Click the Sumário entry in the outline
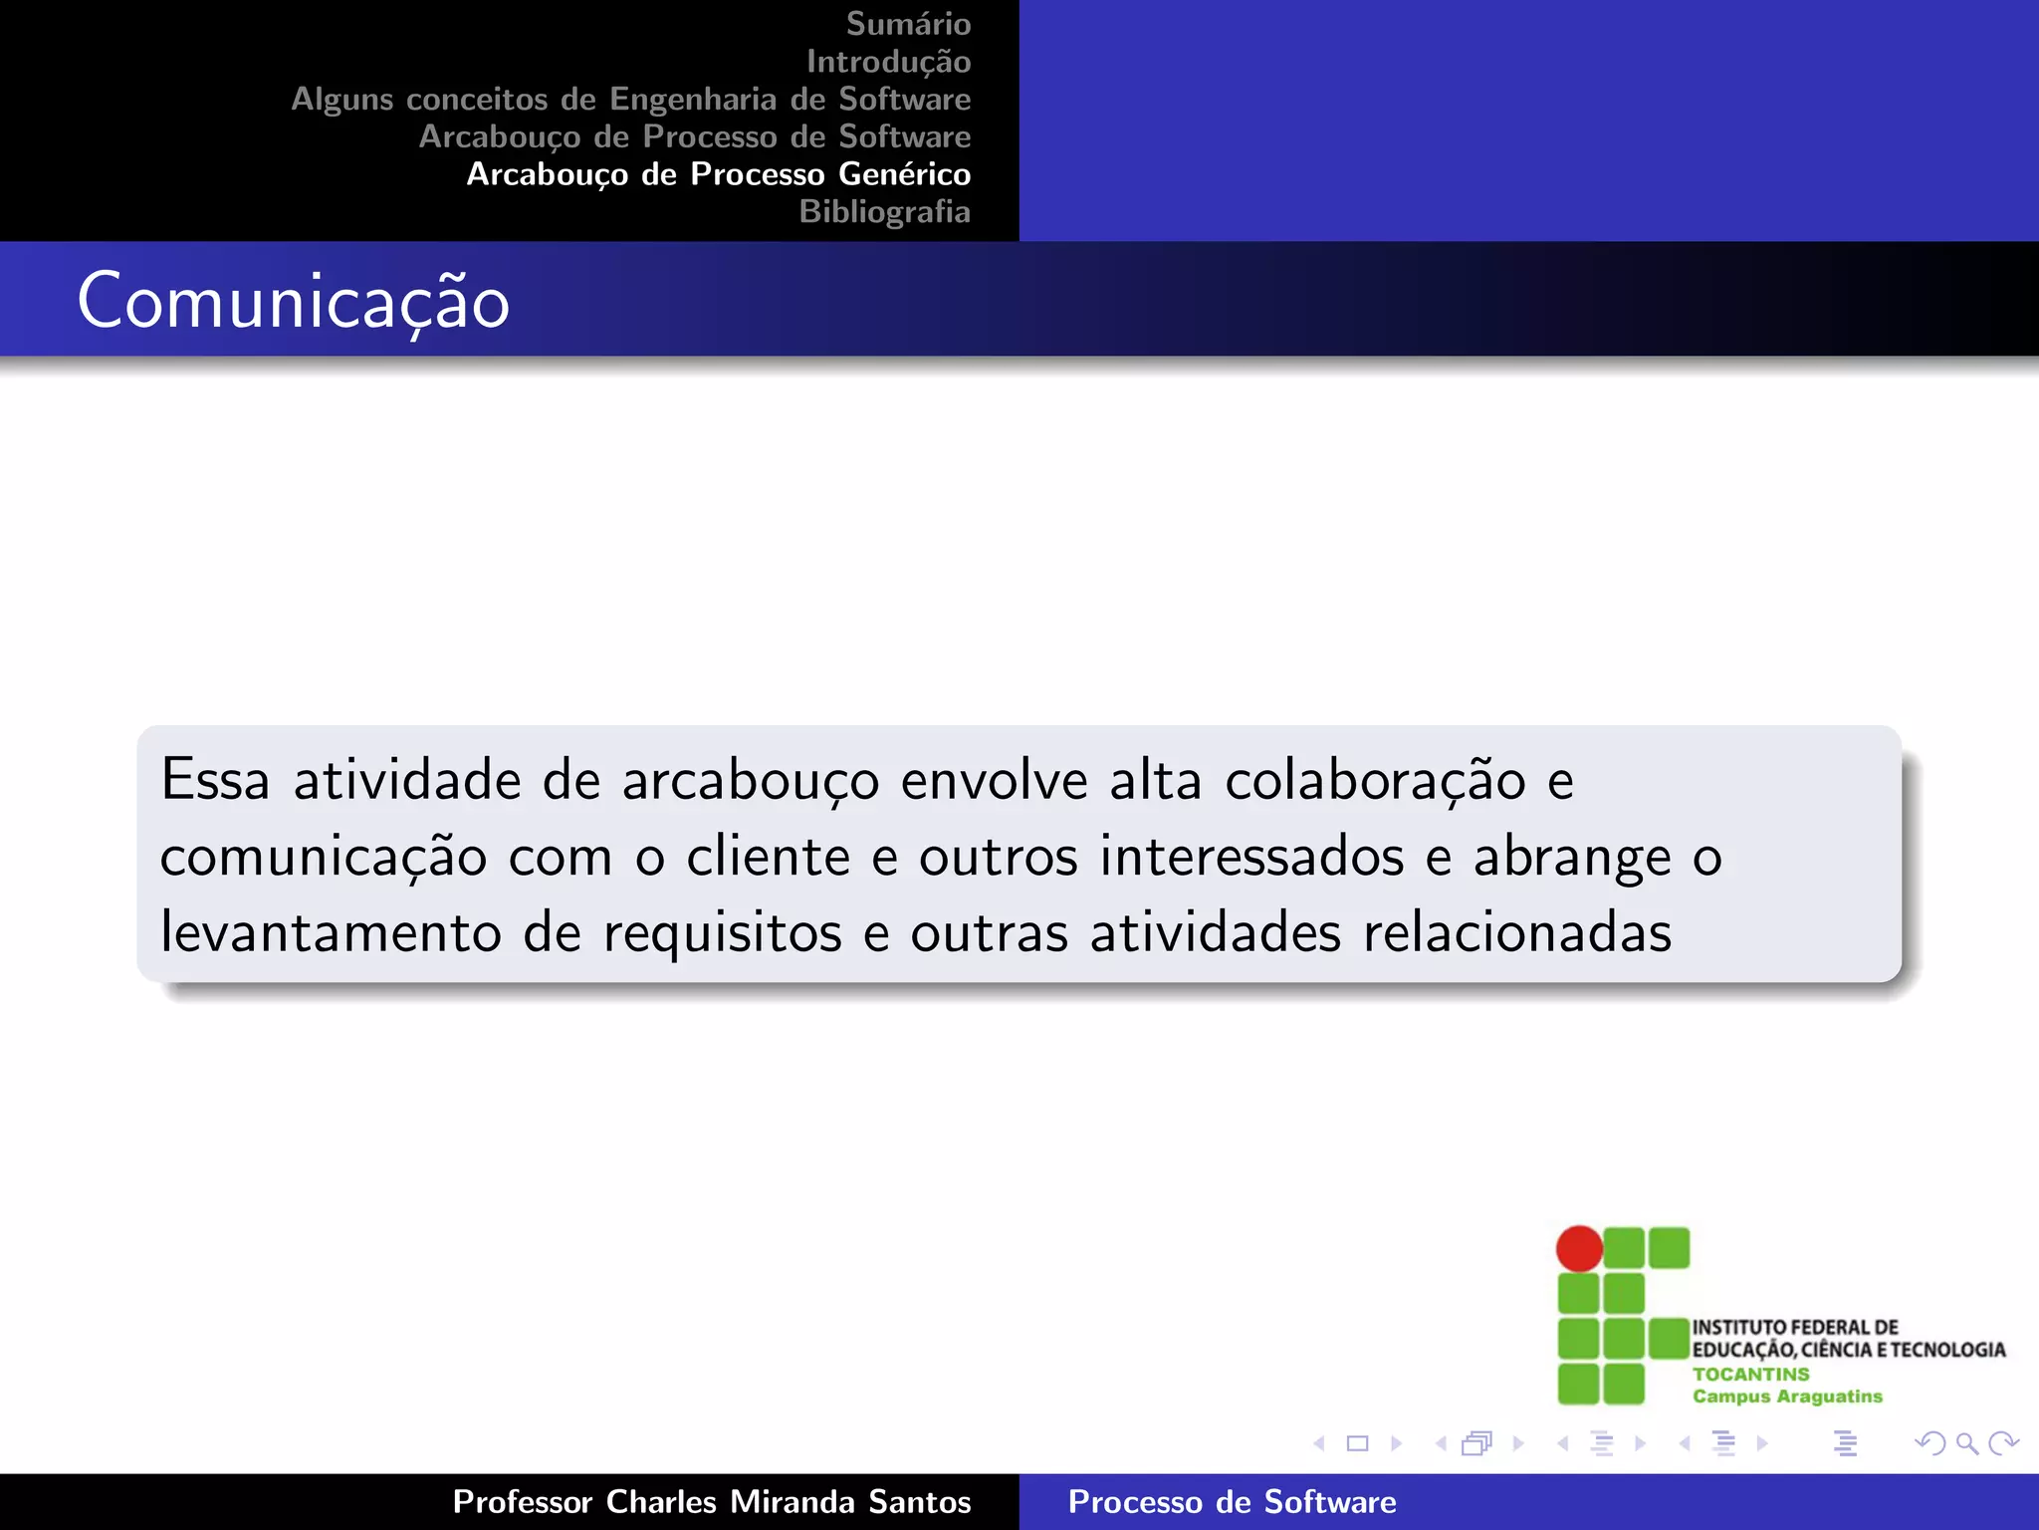[908, 24]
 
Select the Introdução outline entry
[888, 62]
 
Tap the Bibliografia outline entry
[884, 212]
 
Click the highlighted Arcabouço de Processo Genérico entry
[718, 174]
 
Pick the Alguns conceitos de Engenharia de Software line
[630, 100]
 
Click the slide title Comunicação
[294, 302]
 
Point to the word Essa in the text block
[215, 780]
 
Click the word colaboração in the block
[1375, 780]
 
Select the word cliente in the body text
[768, 857]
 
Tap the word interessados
[1251, 857]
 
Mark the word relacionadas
[1516, 933]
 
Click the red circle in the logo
[1579, 1249]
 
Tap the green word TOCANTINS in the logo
[1750, 1374]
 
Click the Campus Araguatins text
[1787, 1397]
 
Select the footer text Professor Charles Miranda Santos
[711, 1502]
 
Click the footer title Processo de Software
[1232, 1502]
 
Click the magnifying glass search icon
[1966, 1443]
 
